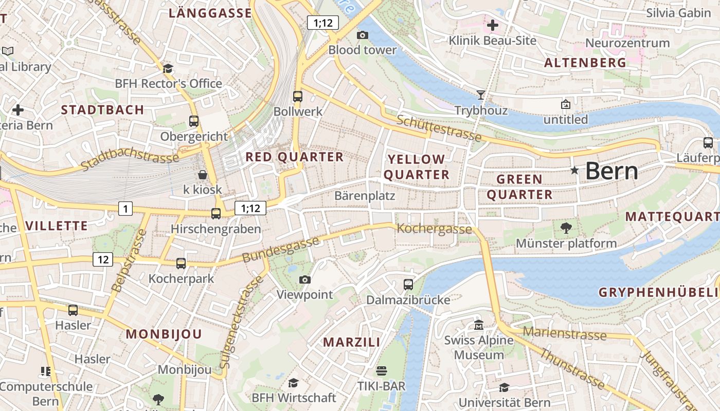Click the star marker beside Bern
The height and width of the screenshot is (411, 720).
click(x=574, y=170)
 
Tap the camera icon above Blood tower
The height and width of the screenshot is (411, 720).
click(x=363, y=35)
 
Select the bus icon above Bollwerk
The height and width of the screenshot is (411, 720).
click(x=298, y=96)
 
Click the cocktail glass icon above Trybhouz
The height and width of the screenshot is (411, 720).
click(x=481, y=95)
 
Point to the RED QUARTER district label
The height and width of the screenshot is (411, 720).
click(x=295, y=157)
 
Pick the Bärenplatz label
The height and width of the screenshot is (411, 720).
click(x=365, y=196)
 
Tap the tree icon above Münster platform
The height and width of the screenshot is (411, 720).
click(x=566, y=228)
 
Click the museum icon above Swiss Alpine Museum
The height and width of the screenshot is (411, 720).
click(x=479, y=325)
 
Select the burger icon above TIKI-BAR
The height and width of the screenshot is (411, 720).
click(x=381, y=370)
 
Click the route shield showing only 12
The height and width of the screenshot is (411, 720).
click(x=103, y=259)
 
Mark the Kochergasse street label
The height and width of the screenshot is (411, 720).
click(x=435, y=229)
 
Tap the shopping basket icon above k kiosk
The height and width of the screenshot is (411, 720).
click(x=203, y=175)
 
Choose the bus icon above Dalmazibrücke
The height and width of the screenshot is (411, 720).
click(x=408, y=284)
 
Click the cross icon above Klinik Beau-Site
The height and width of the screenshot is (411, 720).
click(x=493, y=25)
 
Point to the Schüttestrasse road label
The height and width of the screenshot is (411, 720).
click(x=439, y=128)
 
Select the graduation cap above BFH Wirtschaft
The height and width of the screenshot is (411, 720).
click(x=293, y=383)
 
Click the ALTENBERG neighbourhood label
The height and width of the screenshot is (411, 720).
click(x=585, y=63)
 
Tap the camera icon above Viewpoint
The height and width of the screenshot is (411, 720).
click(x=305, y=279)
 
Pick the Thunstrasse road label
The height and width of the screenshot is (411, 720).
click(x=571, y=369)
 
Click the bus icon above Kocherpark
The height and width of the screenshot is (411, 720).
click(x=181, y=263)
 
